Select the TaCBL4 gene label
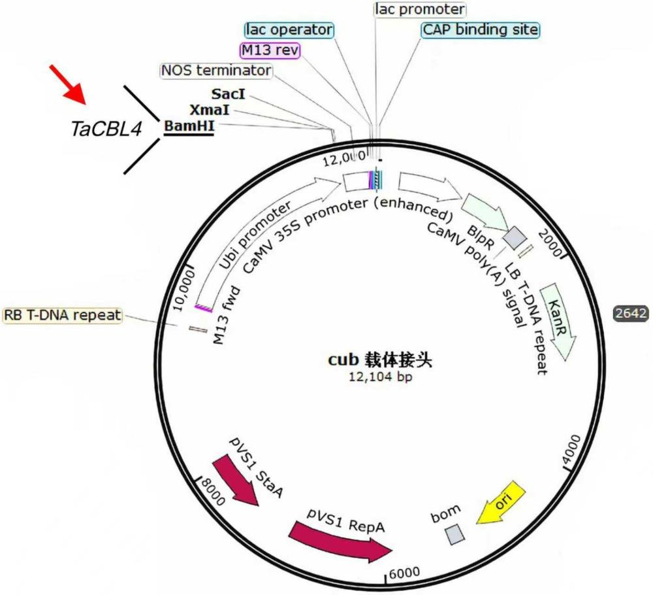tap(106, 129)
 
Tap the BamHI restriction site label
tap(190, 125)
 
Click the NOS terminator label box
tap(215, 70)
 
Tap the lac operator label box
tap(289, 29)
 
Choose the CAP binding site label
tap(480, 29)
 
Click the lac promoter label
tap(420, 9)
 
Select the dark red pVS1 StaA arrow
tap(237, 481)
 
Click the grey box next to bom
tap(455, 535)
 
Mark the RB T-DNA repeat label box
tap(63, 315)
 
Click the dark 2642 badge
tap(631, 313)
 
